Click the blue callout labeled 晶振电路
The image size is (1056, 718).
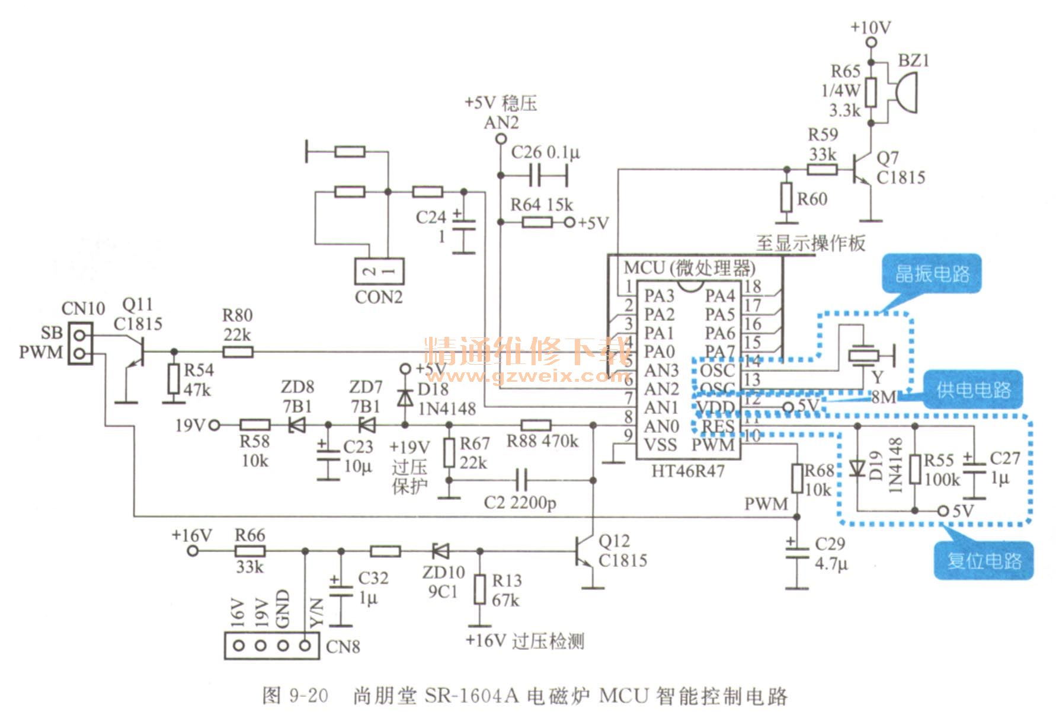tap(932, 274)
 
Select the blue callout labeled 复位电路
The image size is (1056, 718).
tap(984, 560)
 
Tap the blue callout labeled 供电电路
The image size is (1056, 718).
tap(972, 390)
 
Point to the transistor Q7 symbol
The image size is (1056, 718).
tap(862, 169)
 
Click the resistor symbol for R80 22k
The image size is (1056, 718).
tap(238, 352)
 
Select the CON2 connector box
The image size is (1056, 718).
tap(379, 272)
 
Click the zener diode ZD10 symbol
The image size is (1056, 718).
tap(440, 551)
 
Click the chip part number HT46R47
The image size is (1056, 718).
tap(687, 471)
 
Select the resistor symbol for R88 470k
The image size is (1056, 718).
tap(536, 425)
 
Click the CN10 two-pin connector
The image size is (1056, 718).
tap(81, 343)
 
